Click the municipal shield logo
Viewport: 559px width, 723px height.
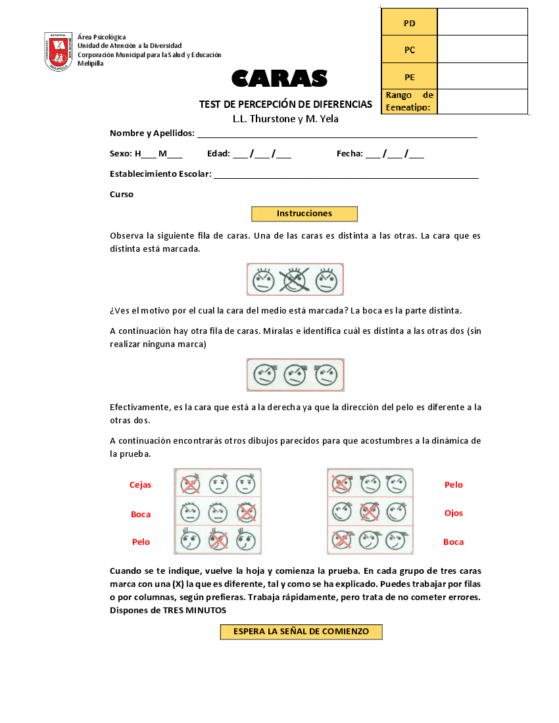pyautogui.click(x=58, y=51)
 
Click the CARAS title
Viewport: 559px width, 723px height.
pyautogui.click(x=279, y=79)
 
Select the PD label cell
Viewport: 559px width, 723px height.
pyautogui.click(x=409, y=23)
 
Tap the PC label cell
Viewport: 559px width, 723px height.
pyautogui.click(x=409, y=50)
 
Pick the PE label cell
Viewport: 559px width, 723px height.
pyautogui.click(x=409, y=77)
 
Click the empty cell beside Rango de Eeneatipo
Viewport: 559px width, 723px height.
pyautogui.click(x=482, y=102)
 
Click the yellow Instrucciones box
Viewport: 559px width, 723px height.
pyautogui.click(x=304, y=214)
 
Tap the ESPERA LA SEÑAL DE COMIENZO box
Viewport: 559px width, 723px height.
pyautogui.click(x=301, y=632)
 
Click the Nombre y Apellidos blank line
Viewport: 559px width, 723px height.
pyautogui.click(x=337, y=135)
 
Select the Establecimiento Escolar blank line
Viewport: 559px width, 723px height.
pyautogui.click(x=346, y=175)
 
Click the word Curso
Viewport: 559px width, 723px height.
pyautogui.click(x=122, y=195)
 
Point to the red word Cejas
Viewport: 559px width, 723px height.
pyautogui.click(x=140, y=485)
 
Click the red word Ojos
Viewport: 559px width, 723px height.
pyautogui.click(x=453, y=513)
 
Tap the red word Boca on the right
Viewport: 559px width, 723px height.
pyautogui.click(x=453, y=542)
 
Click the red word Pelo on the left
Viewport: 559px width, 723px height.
pyautogui.click(x=141, y=542)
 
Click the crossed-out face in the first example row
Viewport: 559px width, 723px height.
pyautogui.click(x=295, y=281)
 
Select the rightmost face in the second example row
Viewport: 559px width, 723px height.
pyautogui.click(x=326, y=375)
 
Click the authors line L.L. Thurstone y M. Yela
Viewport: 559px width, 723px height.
pyautogui.click(x=285, y=119)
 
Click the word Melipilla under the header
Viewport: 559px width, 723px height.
pyautogui.click(x=91, y=64)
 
